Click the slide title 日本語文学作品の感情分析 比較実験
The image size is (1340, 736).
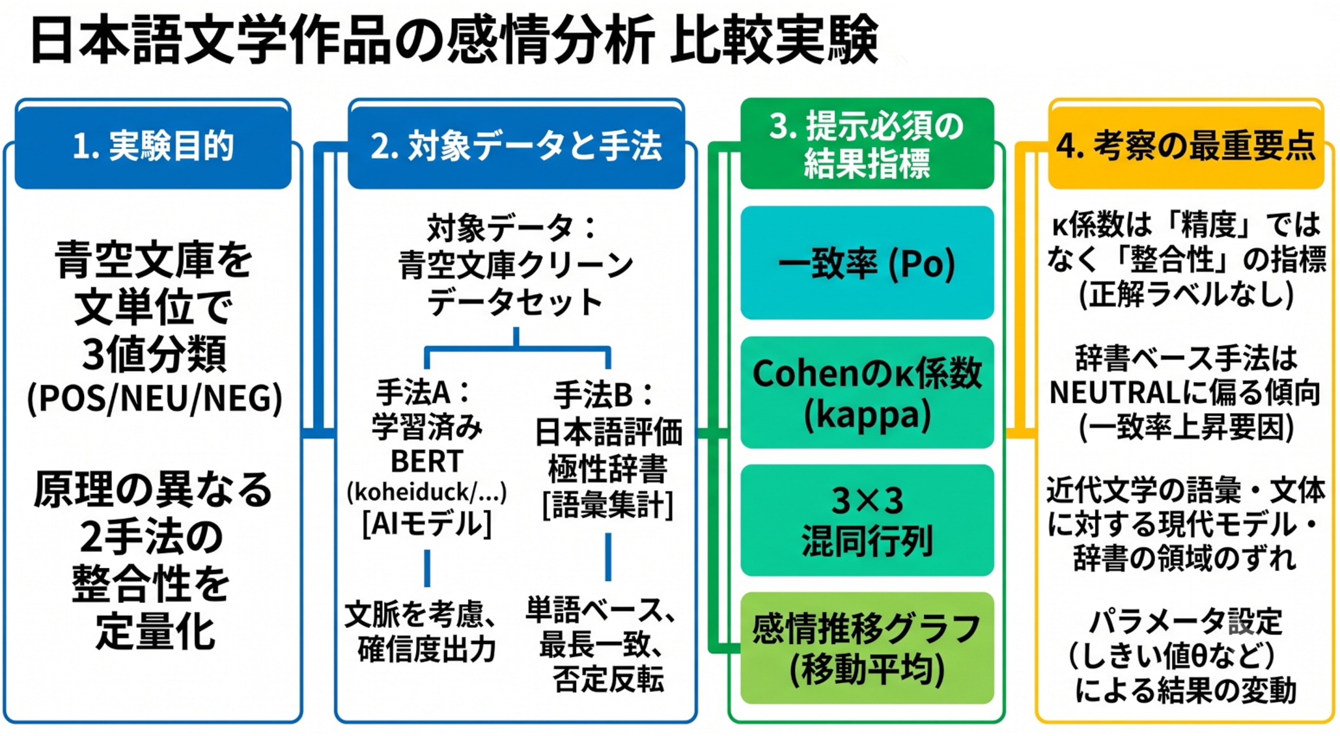point(454,40)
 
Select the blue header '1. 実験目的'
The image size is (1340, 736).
point(153,145)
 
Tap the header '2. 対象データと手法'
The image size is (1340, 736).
point(516,145)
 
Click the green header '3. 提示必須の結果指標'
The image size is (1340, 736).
point(867,144)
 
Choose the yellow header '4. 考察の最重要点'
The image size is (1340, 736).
point(1186,144)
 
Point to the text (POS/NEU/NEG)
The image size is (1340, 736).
point(154,398)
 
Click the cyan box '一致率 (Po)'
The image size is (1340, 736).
point(867,263)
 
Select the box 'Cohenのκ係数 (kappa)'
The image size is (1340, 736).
point(867,392)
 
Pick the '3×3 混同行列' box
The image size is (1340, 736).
point(867,521)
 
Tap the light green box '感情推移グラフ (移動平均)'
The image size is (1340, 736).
point(867,648)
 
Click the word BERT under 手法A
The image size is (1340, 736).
point(426,461)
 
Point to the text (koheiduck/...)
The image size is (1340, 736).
point(426,493)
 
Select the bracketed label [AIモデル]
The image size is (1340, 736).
point(426,523)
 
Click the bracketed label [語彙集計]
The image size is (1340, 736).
point(608,505)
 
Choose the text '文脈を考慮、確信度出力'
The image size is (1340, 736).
point(422,631)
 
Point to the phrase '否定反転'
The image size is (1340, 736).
point(608,679)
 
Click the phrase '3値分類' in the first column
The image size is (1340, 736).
point(154,354)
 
